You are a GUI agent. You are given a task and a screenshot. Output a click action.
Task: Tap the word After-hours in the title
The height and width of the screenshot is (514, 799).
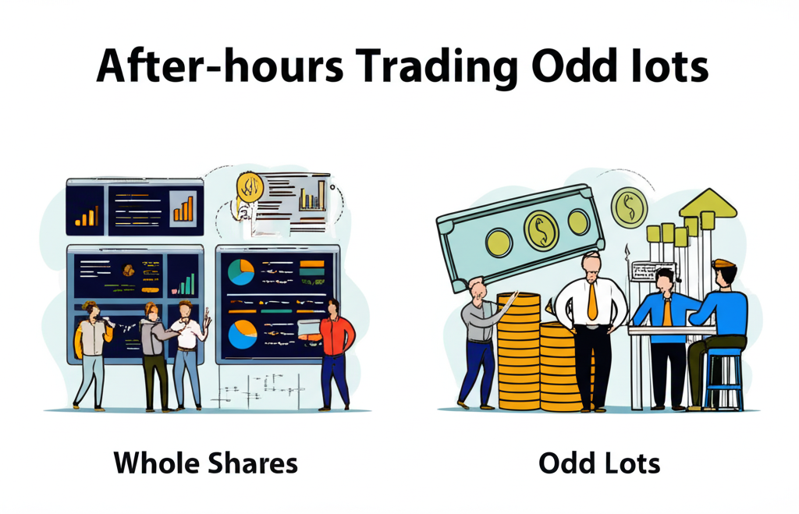tap(219, 66)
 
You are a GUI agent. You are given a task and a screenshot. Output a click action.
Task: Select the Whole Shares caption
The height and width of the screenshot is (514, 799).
tap(205, 463)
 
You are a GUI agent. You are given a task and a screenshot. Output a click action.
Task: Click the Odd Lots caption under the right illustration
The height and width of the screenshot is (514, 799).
tap(599, 463)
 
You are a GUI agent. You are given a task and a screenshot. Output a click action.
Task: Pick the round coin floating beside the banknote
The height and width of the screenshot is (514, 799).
tap(630, 207)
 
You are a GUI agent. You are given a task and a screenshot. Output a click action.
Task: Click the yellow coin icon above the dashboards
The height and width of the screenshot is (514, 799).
tap(250, 187)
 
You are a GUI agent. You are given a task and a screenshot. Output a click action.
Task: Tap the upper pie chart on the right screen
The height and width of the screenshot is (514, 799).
tap(241, 272)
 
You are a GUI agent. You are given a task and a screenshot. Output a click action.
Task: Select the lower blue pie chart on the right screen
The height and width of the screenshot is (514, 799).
tap(242, 334)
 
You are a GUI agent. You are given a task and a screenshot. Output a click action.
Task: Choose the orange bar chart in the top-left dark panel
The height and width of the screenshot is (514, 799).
tap(87, 217)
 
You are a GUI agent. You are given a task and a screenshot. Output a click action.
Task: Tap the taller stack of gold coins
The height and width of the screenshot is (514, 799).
tap(518, 352)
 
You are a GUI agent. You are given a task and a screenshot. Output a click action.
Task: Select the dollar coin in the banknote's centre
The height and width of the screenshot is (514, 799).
tap(542, 232)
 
